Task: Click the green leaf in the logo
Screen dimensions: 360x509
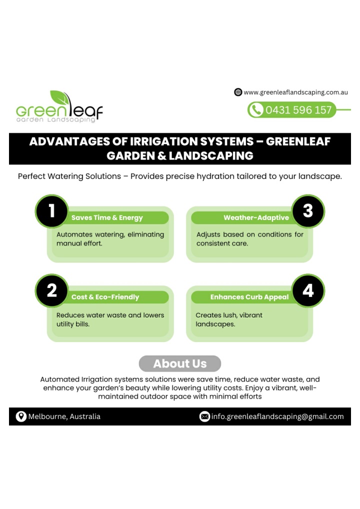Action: pos(59,97)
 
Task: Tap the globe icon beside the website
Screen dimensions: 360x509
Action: pos(238,92)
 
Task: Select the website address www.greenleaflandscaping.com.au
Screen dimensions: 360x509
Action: pos(295,92)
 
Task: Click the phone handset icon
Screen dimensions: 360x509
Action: pos(256,109)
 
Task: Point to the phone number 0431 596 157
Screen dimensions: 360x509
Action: pos(298,110)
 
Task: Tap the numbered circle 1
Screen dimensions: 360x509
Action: pos(51,211)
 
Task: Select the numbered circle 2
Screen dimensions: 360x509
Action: pos(51,290)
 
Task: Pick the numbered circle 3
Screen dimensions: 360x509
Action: pos(308,211)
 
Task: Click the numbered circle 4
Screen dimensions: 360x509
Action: pos(308,290)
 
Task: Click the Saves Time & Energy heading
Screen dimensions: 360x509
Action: pos(107,218)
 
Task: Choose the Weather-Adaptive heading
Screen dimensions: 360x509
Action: pos(256,218)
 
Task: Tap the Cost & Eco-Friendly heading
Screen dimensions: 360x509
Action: pos(105,297)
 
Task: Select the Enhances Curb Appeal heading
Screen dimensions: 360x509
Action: pos(249,297)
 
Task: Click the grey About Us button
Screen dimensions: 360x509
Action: pos(180,363)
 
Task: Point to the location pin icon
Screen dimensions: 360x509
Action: pos(21,416)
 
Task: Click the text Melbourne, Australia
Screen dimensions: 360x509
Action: pos(64,416)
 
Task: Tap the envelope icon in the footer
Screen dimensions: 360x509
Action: pos(204,416)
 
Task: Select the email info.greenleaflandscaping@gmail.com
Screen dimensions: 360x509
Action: pos(277,417)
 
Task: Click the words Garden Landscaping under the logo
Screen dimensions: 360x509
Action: pos(56,120)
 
